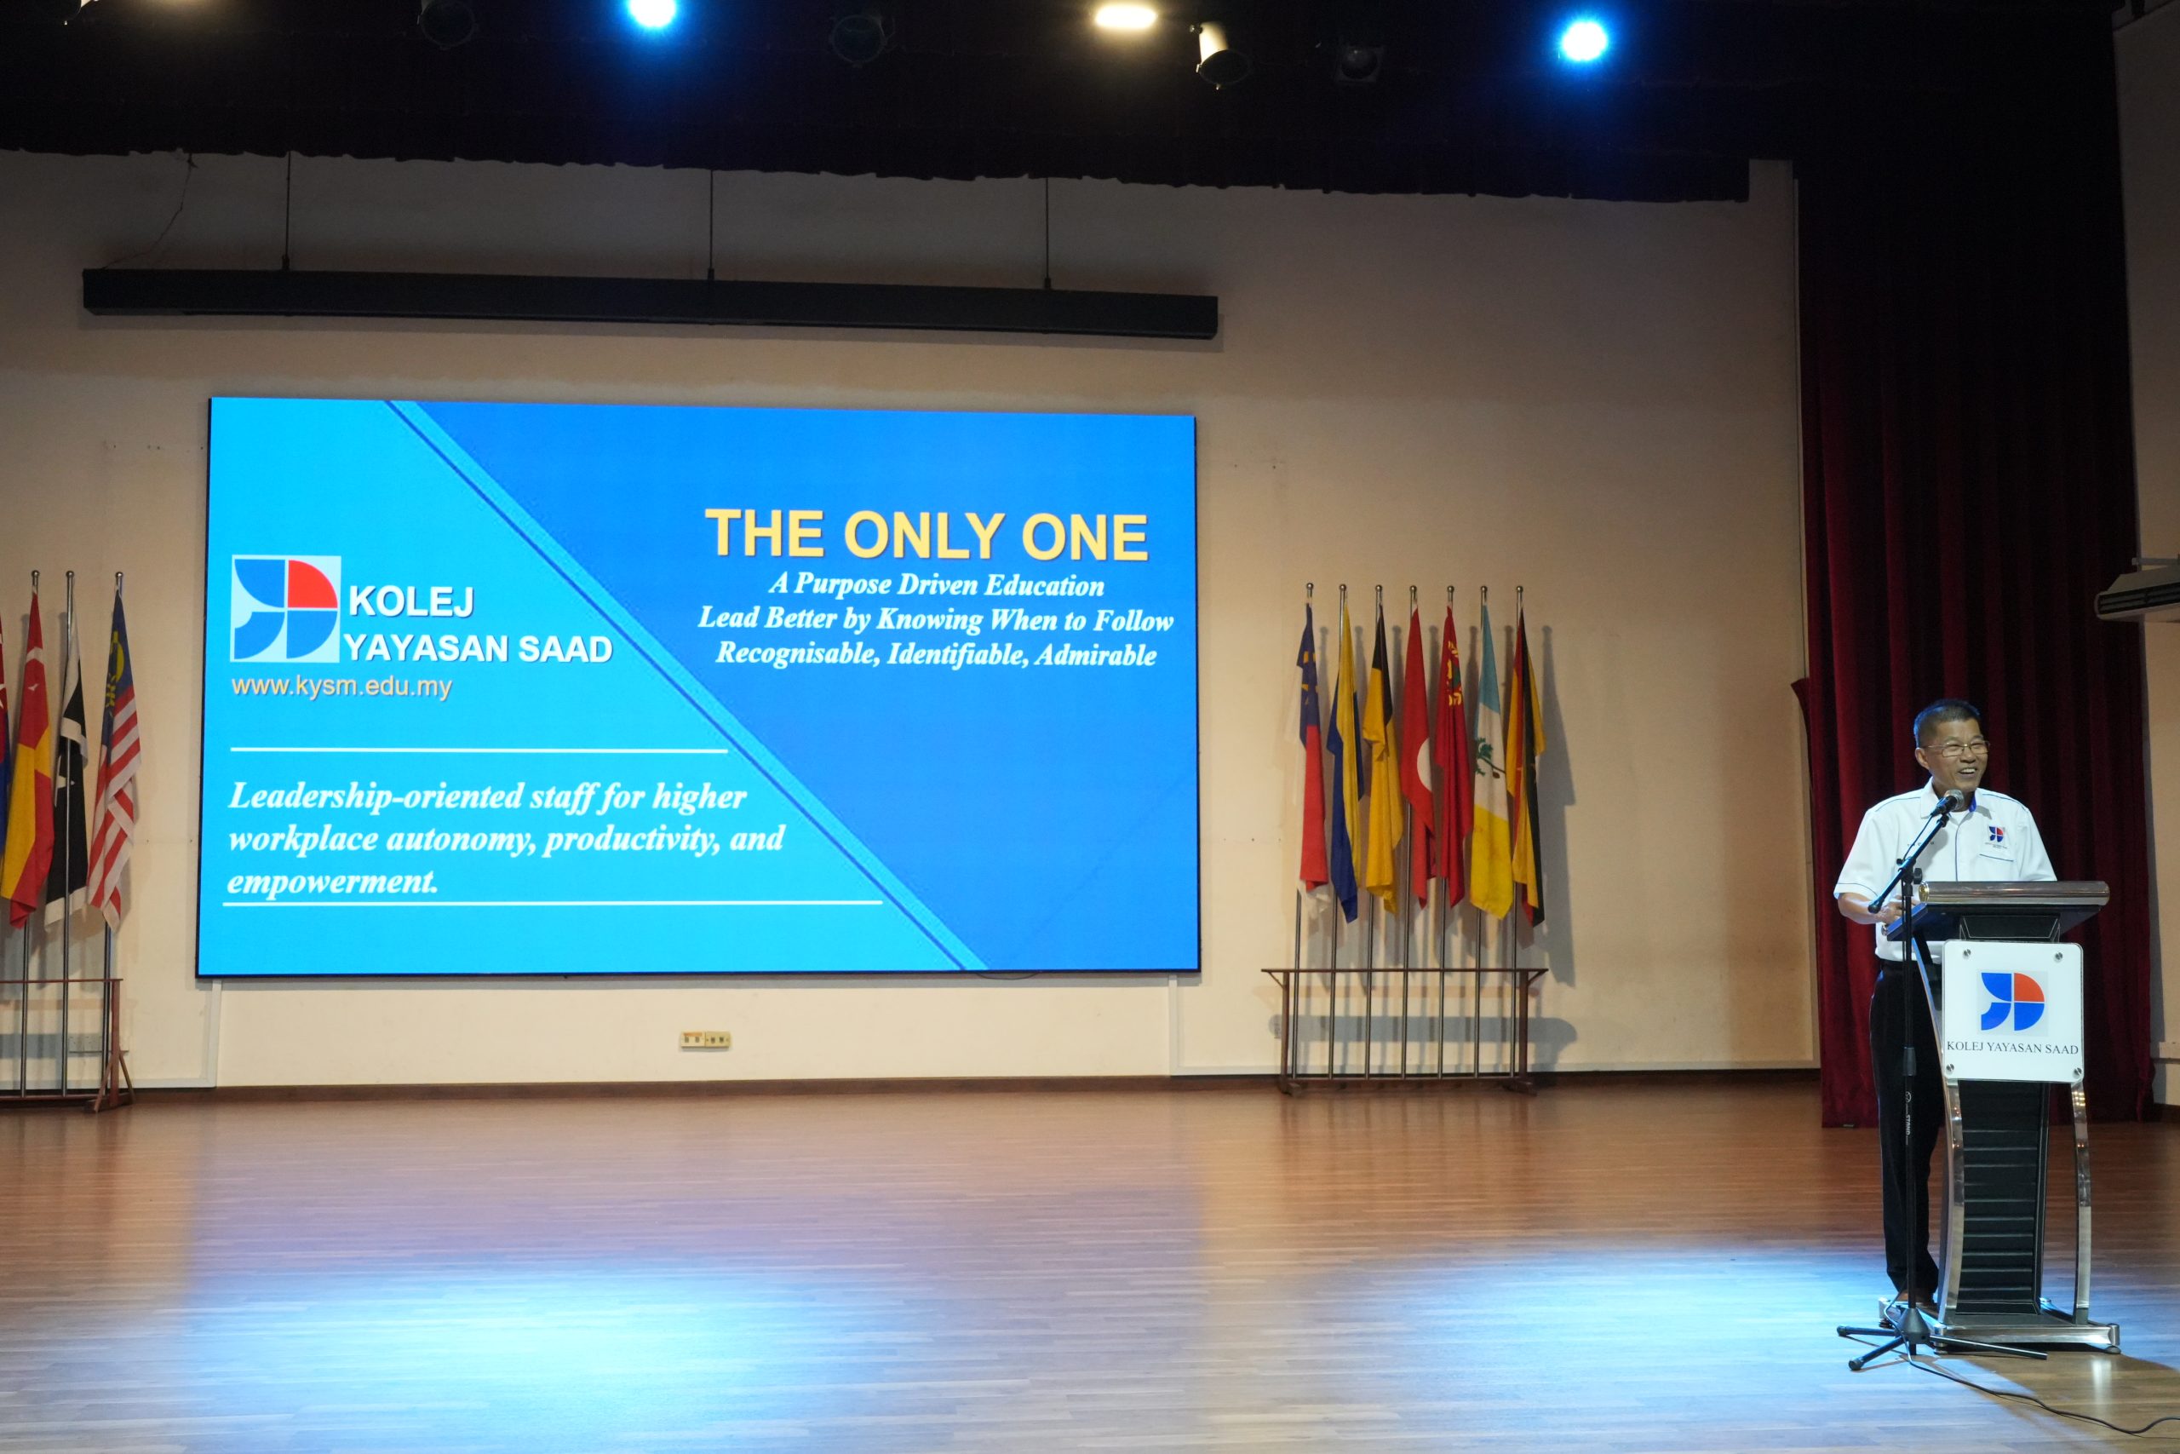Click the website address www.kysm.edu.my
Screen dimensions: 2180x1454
(x=341, y=687)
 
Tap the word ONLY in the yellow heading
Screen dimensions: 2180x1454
(x=924, y=536)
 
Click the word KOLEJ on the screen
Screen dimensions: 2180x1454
(x=411, y=602)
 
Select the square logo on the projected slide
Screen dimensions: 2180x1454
(x=285, y=608)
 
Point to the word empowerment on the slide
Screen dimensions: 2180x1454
(x=332, y=882)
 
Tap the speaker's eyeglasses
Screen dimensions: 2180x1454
(x=1956, y=747)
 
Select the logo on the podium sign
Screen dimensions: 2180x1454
(x=2011, y=1002)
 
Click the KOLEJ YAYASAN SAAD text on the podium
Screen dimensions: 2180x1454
(x=2011, y=1048)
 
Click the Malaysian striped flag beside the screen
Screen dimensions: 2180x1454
(x=115, y=761)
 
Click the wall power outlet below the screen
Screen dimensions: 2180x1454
(x=704, y=1039)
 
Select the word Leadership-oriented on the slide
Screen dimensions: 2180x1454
(x=376, y=796)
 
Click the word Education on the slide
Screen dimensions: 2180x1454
(x=1045, y=585)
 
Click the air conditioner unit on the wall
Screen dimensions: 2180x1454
(x=2138, y=589)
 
